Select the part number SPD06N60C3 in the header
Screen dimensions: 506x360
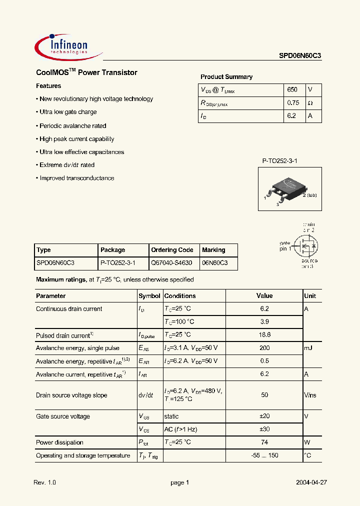(x=300, y=57)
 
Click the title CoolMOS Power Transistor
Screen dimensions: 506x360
(x=86, y=72)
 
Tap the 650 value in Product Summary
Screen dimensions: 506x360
(x=292, y=89)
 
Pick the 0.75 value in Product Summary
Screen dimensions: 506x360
(x=293, y=102)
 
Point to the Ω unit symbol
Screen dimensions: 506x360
(x=310, y=102)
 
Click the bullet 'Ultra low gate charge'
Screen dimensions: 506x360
(x=68, y=112)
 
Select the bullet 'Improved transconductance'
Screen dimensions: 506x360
(x=76, y=178)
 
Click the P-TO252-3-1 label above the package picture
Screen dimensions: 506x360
(x=280, y=161)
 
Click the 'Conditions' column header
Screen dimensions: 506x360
(x=180, y=296)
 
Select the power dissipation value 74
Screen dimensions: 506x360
(x=264, y=442)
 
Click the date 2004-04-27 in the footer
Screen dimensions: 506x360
(x=311, y=482)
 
